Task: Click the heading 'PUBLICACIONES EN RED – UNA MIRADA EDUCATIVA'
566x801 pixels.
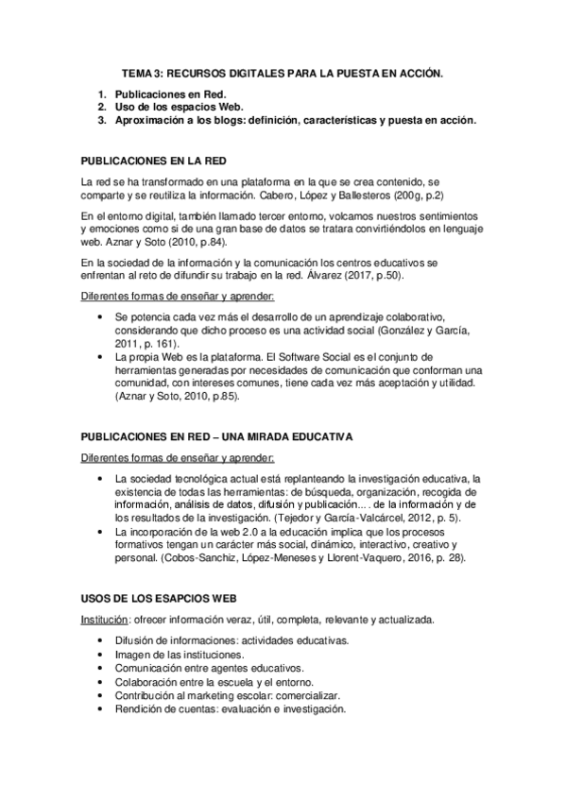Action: click(x=217, y=437)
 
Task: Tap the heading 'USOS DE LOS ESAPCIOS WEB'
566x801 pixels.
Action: click(x=154, y=600)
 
